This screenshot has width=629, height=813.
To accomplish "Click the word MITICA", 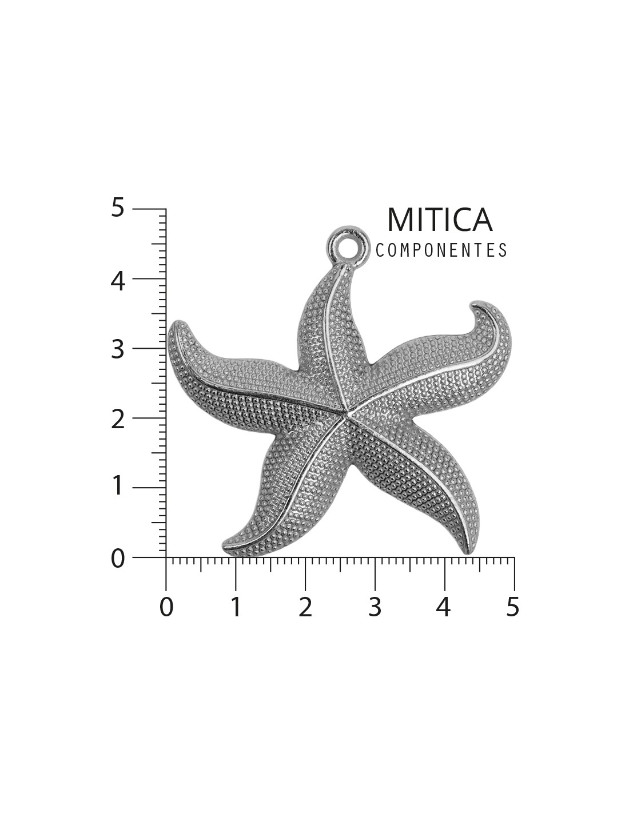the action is pyautogui.click(x=439, y=220).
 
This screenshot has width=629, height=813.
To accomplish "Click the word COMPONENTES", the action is pyautogui.click(x=441, y=250).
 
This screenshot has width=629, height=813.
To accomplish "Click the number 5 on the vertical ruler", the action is pyautogui.click(x=117, y=208).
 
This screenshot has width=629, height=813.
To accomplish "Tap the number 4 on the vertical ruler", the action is pyautogui.click(x=117, y=281).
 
